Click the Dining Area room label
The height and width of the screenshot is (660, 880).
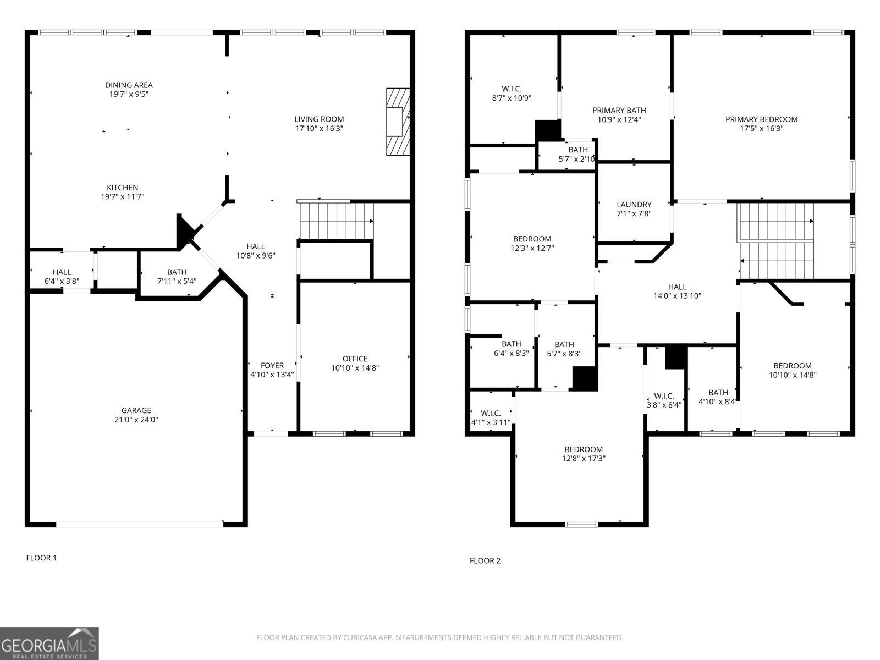coord(129,85)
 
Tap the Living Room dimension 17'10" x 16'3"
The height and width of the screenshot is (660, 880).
coord(319,129)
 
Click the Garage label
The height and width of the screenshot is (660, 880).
coord(136,410)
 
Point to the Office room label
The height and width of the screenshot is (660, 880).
coord(355,359)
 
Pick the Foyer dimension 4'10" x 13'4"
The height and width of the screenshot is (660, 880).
coord(272,375)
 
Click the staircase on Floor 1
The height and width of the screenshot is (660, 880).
coord(335,221)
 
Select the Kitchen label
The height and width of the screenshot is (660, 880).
coord(122,188)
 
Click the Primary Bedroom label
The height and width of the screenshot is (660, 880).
coord(761,119)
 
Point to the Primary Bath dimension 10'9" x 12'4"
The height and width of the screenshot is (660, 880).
coord(619,119)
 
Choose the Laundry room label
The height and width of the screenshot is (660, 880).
coord(634,204)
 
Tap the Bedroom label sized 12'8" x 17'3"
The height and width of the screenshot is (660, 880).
coord(584,449)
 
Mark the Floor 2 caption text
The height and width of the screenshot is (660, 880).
coord(485,561)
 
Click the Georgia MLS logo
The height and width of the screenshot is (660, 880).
coord(50,643)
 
